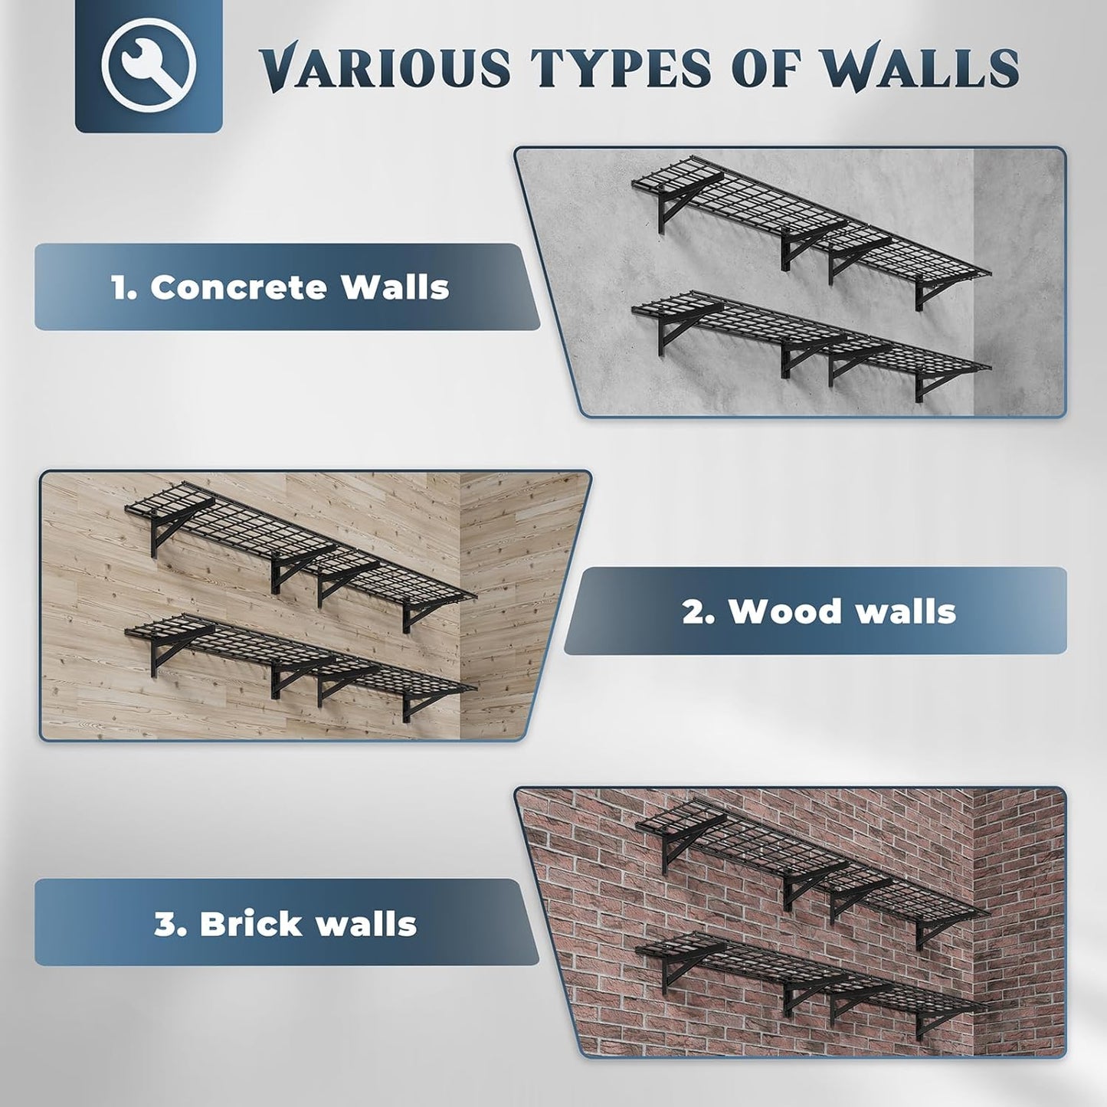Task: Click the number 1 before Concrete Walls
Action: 121,288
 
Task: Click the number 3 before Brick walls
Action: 167,924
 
